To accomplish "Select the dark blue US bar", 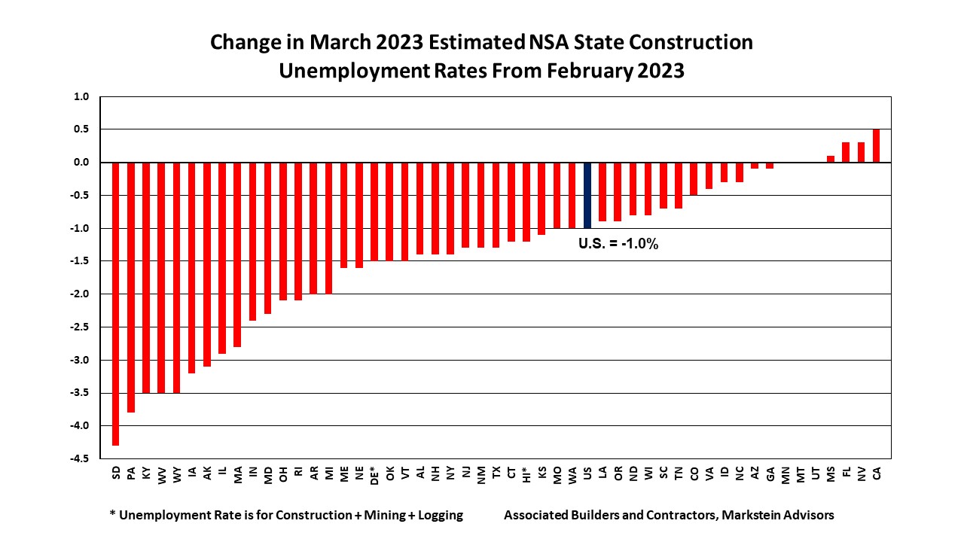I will pos(587,195).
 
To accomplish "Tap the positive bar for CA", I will pos(876,146).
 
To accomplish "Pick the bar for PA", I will pos(131,287).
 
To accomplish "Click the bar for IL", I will pos(222,257).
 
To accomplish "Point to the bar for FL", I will pos(846,153).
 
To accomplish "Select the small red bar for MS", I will pos(831,159).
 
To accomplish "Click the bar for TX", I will pos(496,205).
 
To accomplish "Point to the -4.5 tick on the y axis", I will pos(80,458).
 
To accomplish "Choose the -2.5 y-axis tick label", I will pos(80,327).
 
